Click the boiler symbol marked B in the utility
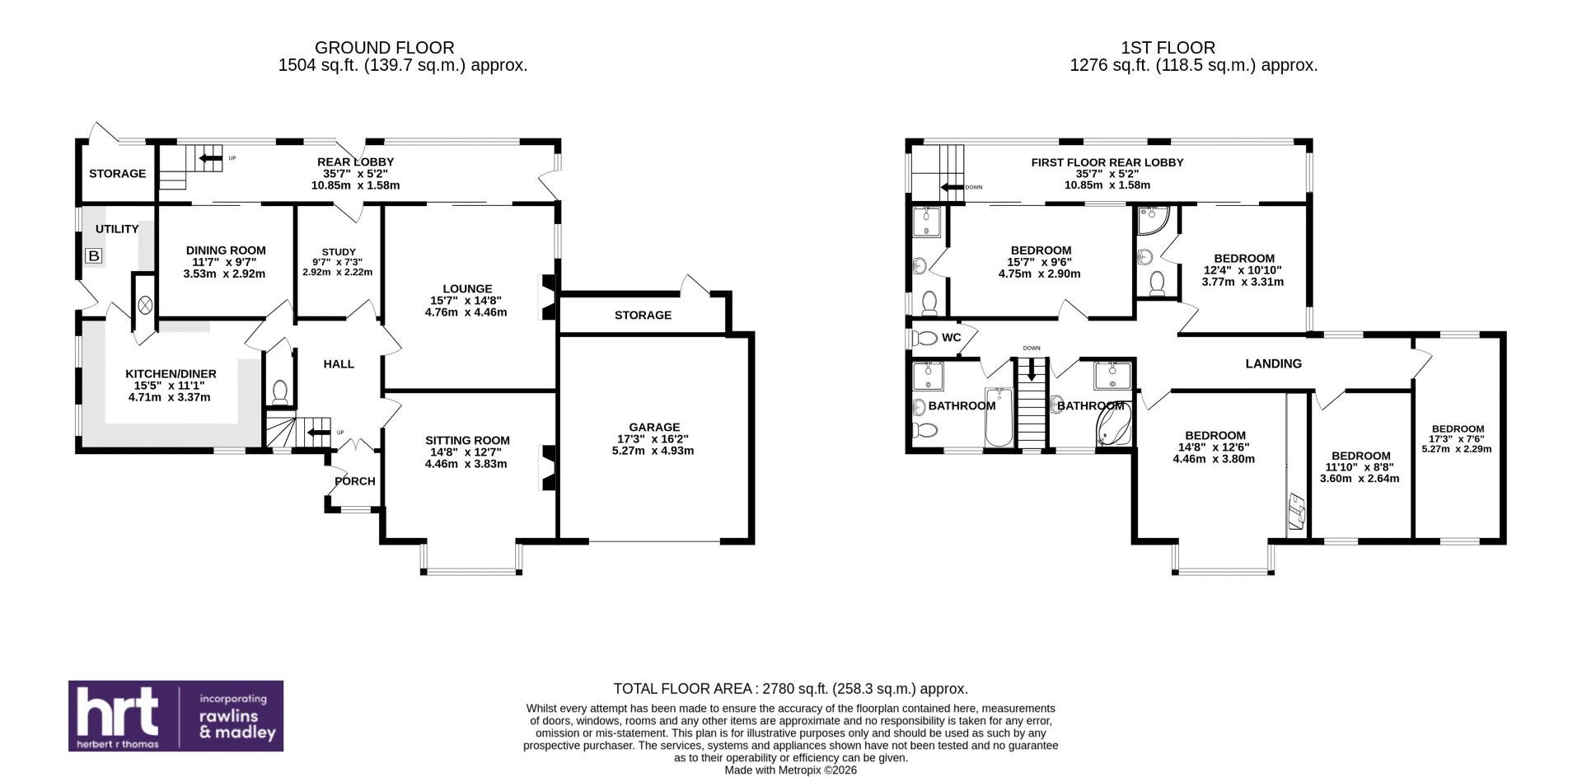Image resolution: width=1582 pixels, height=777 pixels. (94, 256)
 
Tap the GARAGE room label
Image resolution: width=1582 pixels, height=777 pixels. (654, 427)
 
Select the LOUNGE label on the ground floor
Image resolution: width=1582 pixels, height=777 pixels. (467, 288)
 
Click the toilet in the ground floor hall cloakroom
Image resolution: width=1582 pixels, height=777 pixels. (279, 392)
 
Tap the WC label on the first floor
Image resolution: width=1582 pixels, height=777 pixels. (951, 338)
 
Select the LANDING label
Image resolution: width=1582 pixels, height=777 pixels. (1273, 363)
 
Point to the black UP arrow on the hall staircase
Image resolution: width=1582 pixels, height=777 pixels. (319, 431)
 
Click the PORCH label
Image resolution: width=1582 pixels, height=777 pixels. (355, 481)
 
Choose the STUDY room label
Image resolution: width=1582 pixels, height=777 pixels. (339, 252)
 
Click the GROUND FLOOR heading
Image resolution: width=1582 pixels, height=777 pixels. (384, 48)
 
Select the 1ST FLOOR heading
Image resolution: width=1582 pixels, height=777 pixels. (1168, 48)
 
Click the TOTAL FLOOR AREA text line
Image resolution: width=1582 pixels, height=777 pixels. (791, 689)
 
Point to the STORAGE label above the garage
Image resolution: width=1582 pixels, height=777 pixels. (643, 315)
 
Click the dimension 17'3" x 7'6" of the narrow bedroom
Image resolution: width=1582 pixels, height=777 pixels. (1457, 439)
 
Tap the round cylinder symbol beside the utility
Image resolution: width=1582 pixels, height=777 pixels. (146, 305)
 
